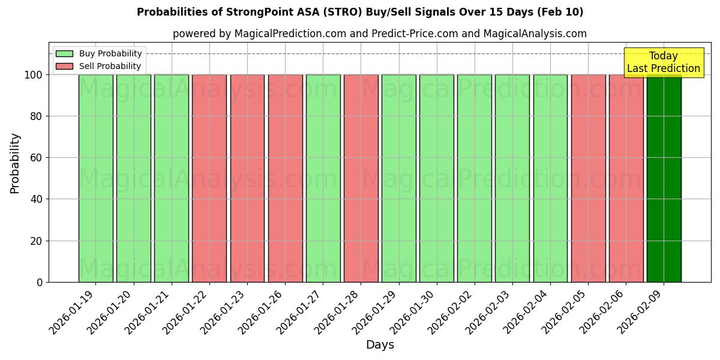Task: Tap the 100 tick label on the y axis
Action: pyautogui.click(x=34, y=75)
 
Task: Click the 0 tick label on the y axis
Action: pyautogui.click(x=40, y=283)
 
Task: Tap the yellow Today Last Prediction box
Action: pyautogui.click(x=663, y=62)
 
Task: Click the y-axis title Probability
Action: pyautogui.click(x=15, y=163)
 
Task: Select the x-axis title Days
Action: pyautogui.click(x=380, y=345)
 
